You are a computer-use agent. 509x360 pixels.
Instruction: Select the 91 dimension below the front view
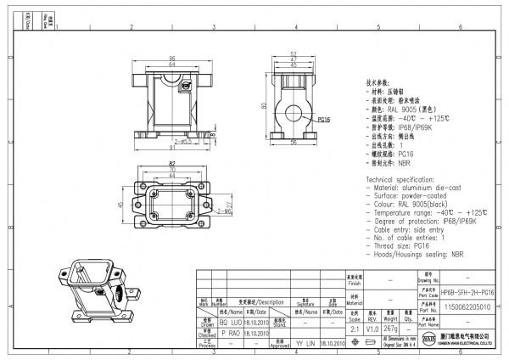[172, 150]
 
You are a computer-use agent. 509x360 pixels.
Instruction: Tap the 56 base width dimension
[293, 144]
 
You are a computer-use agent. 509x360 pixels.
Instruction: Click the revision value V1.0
[372, 327]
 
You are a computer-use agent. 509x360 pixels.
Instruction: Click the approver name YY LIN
[304, 345]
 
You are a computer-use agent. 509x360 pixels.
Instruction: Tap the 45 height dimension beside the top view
[121, 205]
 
